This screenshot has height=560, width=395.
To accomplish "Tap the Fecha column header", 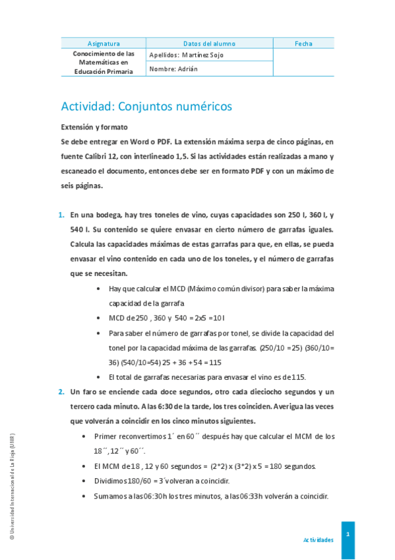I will click(303, 44).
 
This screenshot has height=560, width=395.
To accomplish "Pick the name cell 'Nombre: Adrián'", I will click(173, 69).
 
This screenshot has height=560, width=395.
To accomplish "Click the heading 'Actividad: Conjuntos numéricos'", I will click(146, 106).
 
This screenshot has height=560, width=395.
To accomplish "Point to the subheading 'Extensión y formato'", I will click(94, 126).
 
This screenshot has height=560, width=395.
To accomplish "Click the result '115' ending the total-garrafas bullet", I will click(299, 377).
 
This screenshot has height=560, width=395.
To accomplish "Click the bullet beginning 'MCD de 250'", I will click(99, 318).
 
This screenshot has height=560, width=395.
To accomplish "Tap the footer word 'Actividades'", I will click(318, 540).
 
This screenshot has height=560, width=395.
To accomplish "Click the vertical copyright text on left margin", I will click(13, 485).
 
